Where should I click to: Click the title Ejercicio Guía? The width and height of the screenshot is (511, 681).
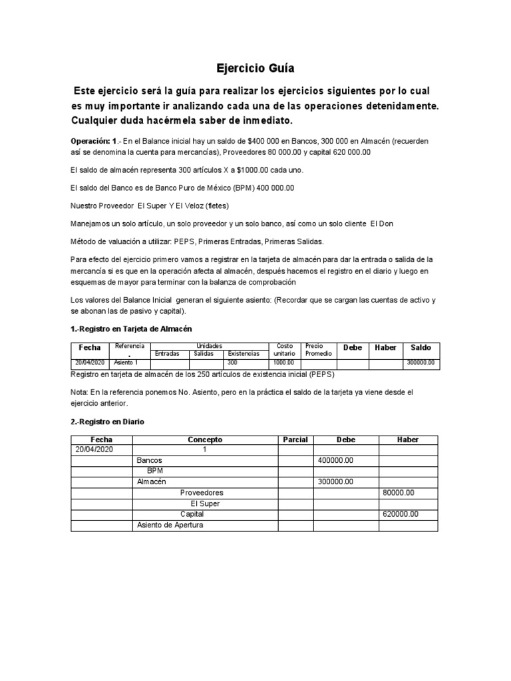pos(255,68)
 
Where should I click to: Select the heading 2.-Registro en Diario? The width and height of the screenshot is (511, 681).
pos(107,422)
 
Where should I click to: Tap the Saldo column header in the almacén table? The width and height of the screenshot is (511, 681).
pos(421,347)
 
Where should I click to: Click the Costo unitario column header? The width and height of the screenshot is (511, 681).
pos(284,350)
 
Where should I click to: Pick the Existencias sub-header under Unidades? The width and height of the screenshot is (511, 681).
pos(244,354)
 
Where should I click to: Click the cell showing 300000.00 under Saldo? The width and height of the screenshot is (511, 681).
pos(421,363)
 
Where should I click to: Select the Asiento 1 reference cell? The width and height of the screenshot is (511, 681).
pos(126,363)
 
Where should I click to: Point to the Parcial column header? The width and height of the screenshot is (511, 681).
pos(295,440)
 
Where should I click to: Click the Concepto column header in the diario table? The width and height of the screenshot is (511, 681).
pos(205,440)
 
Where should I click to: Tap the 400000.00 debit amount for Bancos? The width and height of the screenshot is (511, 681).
pos(336,460)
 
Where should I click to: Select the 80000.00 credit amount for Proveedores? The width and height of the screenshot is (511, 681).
pos(399,493)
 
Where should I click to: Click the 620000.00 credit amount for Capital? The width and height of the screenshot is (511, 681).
pos(401,514)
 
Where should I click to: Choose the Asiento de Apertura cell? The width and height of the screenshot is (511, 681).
pos(170,525)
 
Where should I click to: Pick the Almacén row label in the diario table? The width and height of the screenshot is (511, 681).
pos(151,481)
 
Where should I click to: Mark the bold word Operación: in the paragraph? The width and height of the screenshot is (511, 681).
pos(93,142)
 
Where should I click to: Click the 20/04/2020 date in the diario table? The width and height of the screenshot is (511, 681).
pos(94,450)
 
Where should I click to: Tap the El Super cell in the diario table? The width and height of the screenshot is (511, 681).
pos(205,503)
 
